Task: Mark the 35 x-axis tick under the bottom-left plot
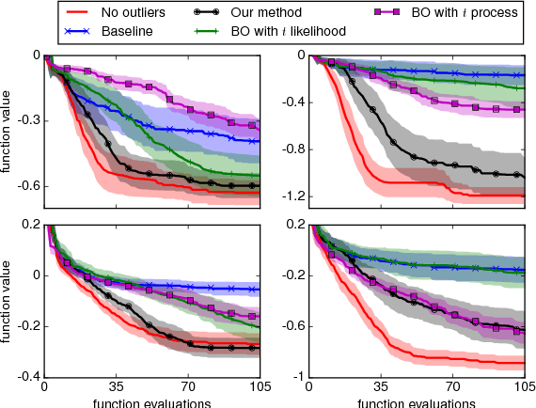tap(116, 386)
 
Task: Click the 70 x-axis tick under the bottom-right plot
tap(452, 386)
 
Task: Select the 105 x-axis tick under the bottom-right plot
tap(522, 386)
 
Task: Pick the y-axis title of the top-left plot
tap(8, 126)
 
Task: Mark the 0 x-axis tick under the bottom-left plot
tap(44, 386)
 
